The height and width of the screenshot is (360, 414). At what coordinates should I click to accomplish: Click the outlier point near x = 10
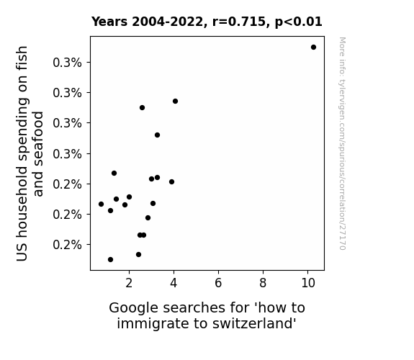point(313,48)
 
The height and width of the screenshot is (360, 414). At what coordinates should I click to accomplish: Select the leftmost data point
point(101,204)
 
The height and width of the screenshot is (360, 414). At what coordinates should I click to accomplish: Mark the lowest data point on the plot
point(111,260)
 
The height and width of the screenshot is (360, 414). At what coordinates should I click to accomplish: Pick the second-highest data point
point(175,101)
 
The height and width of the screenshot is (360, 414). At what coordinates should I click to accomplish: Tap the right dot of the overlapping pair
point(143,235)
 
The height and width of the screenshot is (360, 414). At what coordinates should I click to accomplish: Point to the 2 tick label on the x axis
point(129,283)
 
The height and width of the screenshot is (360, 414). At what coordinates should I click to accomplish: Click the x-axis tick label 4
point(174,283)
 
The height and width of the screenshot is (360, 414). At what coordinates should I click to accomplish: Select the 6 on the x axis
point(218,283)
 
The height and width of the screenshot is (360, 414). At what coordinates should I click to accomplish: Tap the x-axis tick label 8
point(263,283)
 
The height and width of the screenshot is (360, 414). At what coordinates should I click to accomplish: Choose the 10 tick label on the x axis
point(308,283)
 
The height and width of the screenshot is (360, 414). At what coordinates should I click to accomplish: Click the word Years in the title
point(109,22)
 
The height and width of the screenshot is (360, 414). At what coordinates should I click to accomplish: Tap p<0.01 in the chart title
point(299,22)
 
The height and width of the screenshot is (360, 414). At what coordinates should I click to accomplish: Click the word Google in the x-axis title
point(134,308)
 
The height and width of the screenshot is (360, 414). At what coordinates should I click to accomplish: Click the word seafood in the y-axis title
point(38,154)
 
